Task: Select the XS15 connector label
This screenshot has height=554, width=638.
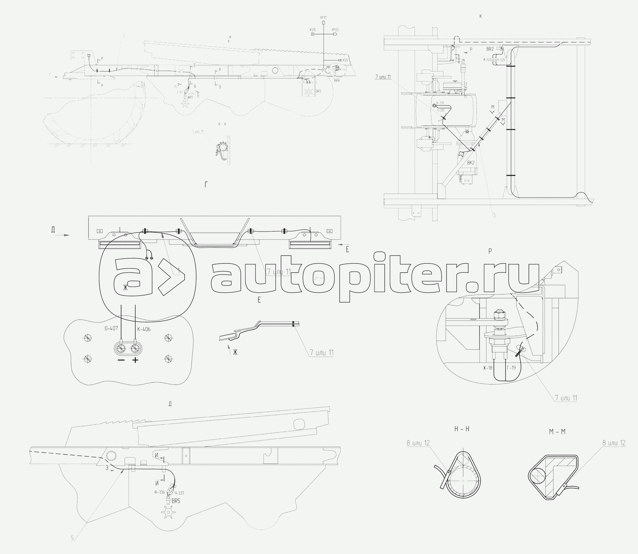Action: pos(313,30)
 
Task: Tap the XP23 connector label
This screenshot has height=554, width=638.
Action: pos(335,30)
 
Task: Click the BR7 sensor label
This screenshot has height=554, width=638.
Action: pos(190,97)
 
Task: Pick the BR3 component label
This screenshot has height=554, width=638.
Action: pos(318,91)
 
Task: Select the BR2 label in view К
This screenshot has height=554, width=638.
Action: pos(490,49)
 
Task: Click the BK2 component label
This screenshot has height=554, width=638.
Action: pos(471,163)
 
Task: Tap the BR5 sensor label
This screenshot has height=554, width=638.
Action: pos(176,501)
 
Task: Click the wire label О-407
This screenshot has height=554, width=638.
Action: pos(110,329)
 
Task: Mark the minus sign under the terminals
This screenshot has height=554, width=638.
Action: pos(121,360)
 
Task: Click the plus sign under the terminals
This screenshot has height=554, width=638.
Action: pos(136,360)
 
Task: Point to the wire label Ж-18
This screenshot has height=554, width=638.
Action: pos(488,368)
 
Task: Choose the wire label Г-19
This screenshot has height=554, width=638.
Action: pos(511,368)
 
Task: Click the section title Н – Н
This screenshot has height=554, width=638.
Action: pos(462,429)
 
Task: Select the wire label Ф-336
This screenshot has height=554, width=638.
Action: pos(159,492)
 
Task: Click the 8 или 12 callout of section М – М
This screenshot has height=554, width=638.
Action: pos(614,443)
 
